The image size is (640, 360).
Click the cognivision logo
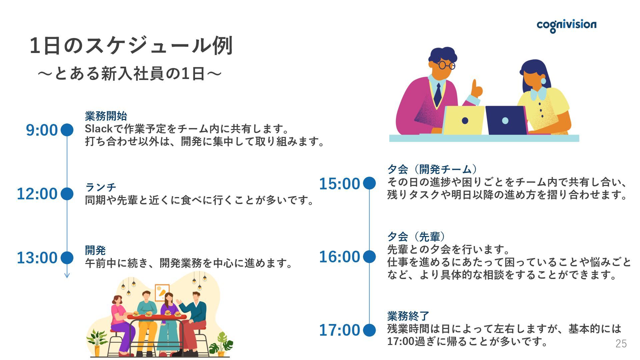[x=566, y=25]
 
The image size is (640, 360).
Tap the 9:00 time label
[x=42, y=130]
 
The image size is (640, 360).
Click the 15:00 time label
[x=340, y=184]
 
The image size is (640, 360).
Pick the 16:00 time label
[x=340, y=257]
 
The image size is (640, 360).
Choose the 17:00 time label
[x=340, y=330]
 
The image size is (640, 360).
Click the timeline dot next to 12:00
[x=67, y=194]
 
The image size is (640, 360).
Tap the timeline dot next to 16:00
[x=369, y=257]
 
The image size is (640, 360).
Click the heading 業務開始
[x=106, y=116]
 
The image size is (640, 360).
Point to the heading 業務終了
[x=408, y=316]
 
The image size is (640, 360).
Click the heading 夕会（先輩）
[x=416, y=237]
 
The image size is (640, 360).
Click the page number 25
[x=621, y=344]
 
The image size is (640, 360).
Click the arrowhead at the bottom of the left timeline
[x=67, y=275]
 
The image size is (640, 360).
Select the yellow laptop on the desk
[x=464, y=120]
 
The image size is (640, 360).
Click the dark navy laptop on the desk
[x=506, y=120]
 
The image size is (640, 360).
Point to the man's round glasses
[x=446, y=65]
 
